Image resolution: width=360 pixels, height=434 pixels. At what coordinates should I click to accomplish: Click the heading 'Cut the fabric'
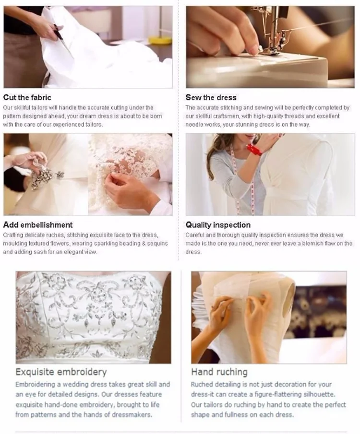click(x=27, y=97)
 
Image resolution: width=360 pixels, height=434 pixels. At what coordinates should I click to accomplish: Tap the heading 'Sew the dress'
click(x=211, y=97)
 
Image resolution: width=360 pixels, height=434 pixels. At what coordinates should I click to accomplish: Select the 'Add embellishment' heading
click(x=38, y=225)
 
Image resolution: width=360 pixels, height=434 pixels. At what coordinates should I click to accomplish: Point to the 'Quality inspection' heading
click(x=218, y=225)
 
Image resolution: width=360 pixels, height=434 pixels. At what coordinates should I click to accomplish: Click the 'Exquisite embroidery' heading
click(x=61, y=372)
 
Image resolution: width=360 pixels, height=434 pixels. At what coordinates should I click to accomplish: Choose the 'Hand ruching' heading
click(x=219, y=372)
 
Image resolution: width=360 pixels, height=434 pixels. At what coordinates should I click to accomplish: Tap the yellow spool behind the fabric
click(x=160, y=40)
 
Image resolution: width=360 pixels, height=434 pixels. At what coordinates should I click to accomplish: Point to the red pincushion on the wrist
click(x=254, y=150)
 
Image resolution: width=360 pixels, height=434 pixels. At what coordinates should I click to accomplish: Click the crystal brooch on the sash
click(x=44, y=176)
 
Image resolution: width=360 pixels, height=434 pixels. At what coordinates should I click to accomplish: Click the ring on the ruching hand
click(x=213, y=307)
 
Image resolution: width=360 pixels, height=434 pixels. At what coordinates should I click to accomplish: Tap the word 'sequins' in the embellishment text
click(x=158, y=244)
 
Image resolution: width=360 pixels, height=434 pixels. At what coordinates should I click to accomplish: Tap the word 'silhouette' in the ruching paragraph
click(x=319, y=394)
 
